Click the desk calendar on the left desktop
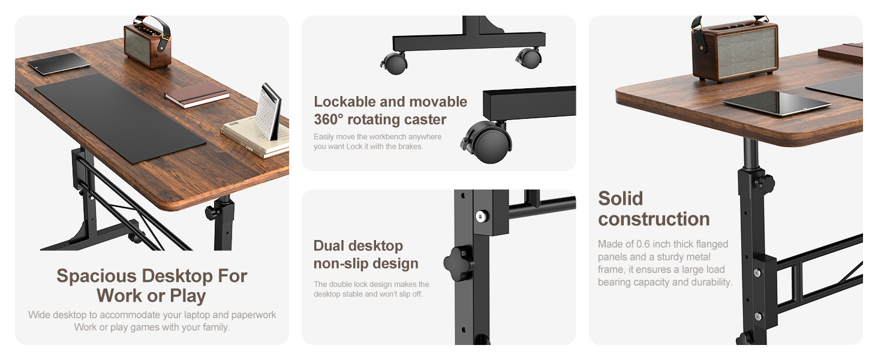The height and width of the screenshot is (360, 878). [267, 112]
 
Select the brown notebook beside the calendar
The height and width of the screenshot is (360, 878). [197, 95]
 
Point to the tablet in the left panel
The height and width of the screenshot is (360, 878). [58, 64]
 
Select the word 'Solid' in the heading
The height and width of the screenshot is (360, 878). [620, 199]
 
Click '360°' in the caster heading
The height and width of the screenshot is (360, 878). [335, 119]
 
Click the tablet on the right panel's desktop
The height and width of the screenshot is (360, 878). [777, 103]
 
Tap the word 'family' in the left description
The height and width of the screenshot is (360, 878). [215, 327]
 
